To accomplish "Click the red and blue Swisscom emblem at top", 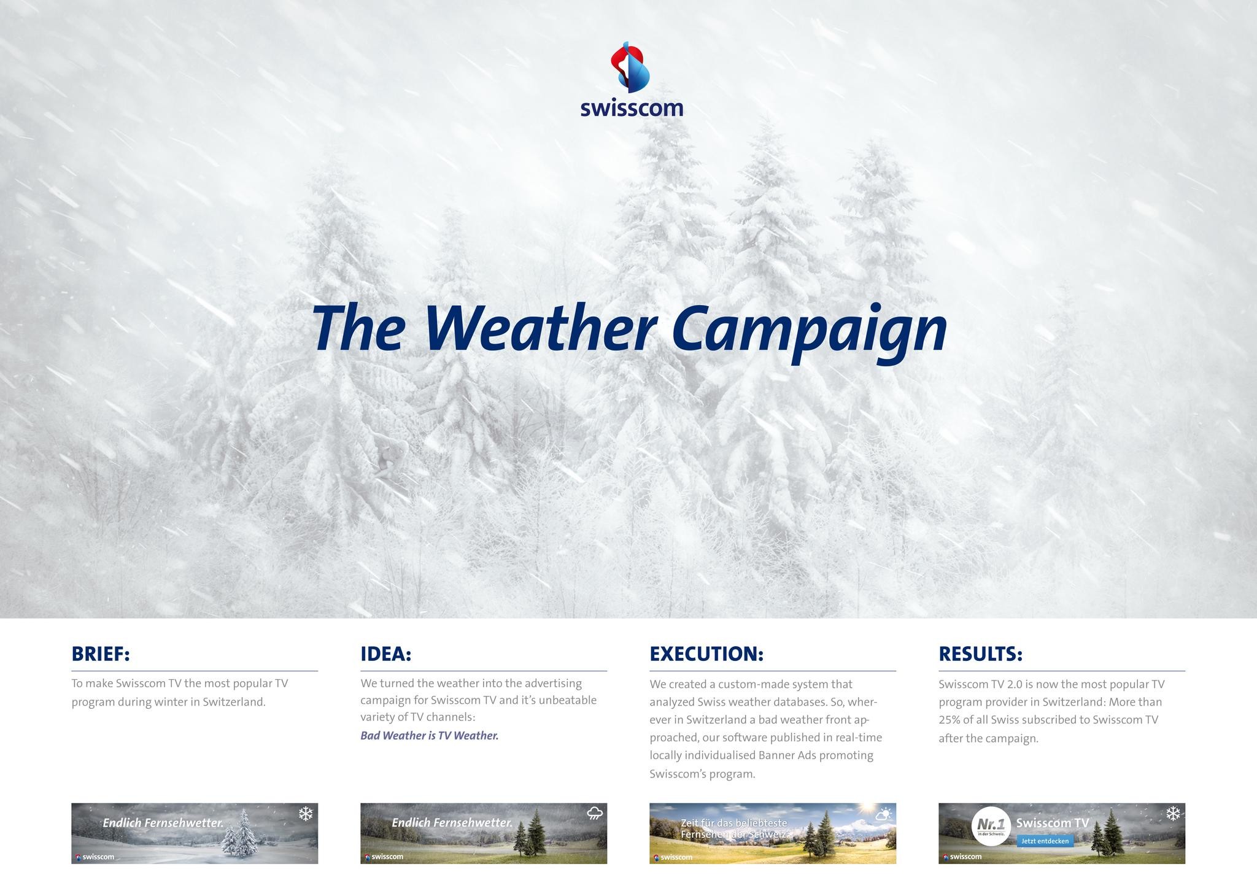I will click(630, 67).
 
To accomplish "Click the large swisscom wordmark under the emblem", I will click(632, 109).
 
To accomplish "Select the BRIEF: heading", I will click(101, 654).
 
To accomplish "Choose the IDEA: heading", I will click(385, 654).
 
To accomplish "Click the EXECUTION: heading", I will click(706, 654).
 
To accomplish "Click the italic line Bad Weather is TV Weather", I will click(429, 736).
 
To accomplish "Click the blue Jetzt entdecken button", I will click(1045, 841).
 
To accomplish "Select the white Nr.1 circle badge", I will click(991, 827).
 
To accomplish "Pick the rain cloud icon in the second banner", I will click(594, 814).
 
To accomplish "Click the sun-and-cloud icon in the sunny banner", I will click(883, 815).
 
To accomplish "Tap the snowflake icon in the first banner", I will click(306, 814).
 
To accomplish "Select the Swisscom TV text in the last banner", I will click(1052, 823).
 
